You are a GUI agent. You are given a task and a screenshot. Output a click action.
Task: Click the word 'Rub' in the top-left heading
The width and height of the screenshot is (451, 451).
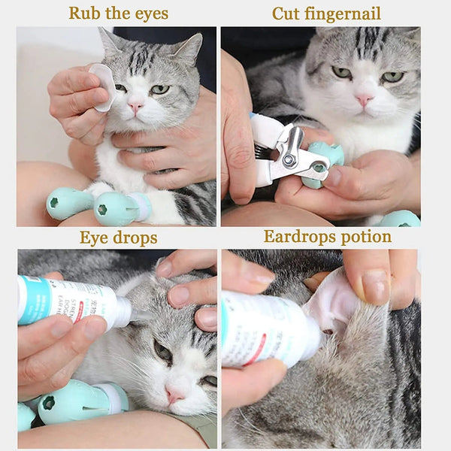pos(84,14)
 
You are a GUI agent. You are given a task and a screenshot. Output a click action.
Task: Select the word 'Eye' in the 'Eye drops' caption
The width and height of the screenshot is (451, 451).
pos(95,238)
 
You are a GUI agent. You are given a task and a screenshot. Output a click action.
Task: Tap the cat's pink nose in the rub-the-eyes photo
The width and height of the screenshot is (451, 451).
pos(135,107)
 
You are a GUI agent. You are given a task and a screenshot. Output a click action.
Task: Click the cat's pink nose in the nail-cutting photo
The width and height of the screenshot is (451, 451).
pos(365,99)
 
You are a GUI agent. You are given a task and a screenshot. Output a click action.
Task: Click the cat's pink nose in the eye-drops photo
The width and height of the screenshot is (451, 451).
pos(175,393)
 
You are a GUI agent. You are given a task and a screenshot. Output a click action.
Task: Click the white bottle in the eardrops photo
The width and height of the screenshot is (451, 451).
pos(267,327)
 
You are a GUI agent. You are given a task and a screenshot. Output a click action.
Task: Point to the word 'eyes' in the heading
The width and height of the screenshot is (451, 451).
pos(150,14)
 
